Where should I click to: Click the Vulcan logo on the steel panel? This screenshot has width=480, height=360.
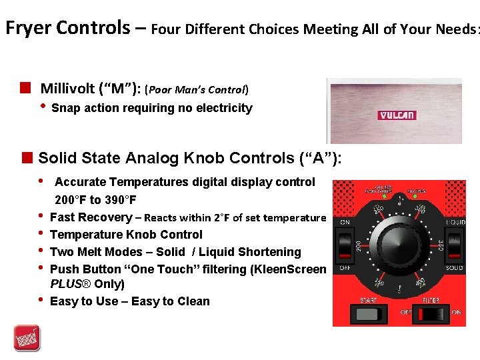[397, 115]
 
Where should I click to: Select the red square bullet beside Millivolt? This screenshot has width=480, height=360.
[27, 87]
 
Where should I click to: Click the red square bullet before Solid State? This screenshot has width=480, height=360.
[27, 158]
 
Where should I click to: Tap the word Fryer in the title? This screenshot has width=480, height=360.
[29, 28]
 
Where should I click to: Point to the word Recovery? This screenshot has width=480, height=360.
[105, 217]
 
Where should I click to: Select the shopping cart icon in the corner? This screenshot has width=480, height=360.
[27, 337]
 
